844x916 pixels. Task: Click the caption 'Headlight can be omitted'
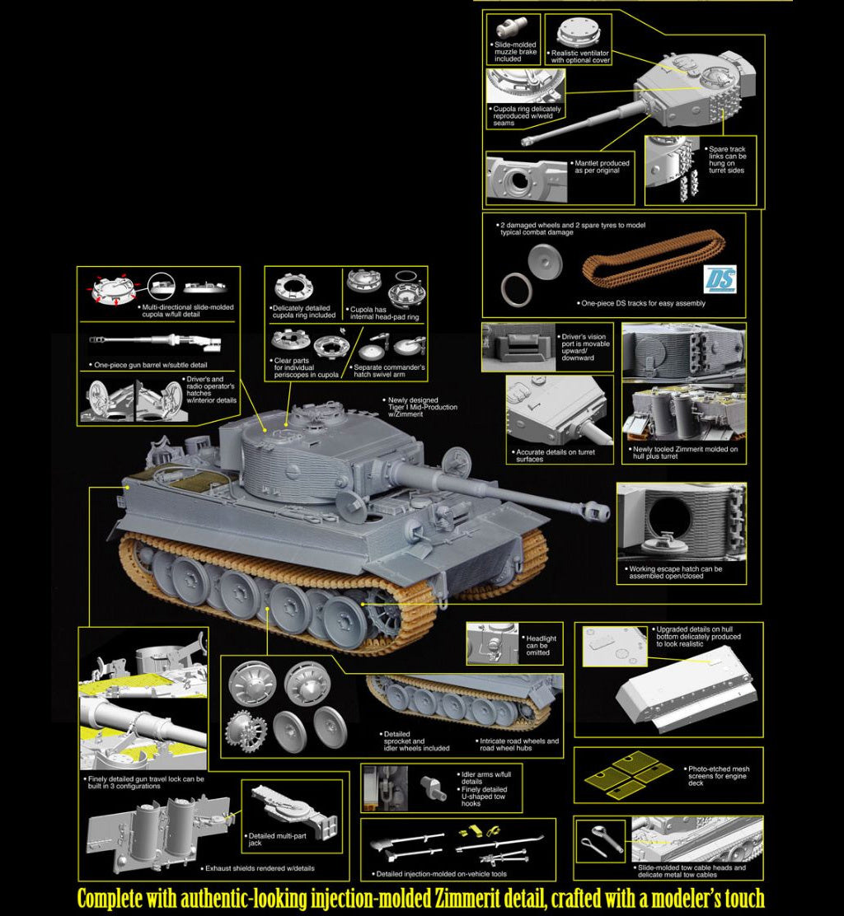[x=541, y=646]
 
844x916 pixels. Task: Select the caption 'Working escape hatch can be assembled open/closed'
[x=674, y=572]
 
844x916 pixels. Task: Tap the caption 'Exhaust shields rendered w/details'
[x=260, y=868]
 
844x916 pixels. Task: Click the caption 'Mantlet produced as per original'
[x=602, y=166]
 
